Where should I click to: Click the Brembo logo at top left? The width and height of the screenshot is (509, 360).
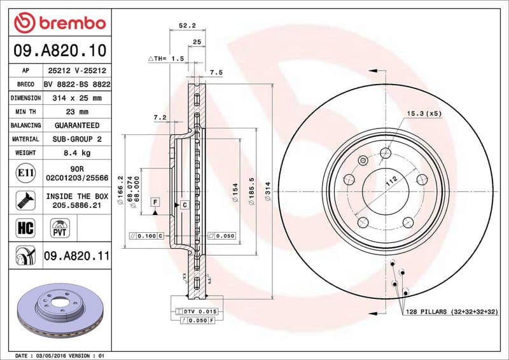pos(59,23)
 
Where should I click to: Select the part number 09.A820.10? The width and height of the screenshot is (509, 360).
pos(59,50)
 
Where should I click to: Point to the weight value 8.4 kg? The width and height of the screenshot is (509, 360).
pos(76,153)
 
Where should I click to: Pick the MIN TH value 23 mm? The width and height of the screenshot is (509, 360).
pos(76,112)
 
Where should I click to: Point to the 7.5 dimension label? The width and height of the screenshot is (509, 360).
pos(216,73)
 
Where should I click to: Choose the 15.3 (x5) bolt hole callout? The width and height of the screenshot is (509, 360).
pos(424,113)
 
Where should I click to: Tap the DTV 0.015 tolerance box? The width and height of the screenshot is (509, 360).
pos(203,310)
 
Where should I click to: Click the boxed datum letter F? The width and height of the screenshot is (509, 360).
pos(155,202)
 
